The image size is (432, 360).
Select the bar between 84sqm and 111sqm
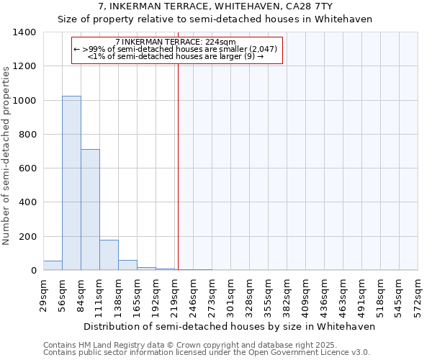click(x=90, y=210)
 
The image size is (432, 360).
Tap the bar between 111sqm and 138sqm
click(x=109, y=255)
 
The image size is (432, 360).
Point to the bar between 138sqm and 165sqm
click(x=127, y=265)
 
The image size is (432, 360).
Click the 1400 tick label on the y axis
click(x=24, y=32)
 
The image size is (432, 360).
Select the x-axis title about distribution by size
click(x=230, y=326)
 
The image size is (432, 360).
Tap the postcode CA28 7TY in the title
click(x=310, y=6)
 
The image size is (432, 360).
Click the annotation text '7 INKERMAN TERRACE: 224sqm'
click(x=176, y=42)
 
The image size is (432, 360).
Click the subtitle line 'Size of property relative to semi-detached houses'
click(x=215, y=19)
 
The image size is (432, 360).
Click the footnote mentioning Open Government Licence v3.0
click(x=207, y=353)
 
